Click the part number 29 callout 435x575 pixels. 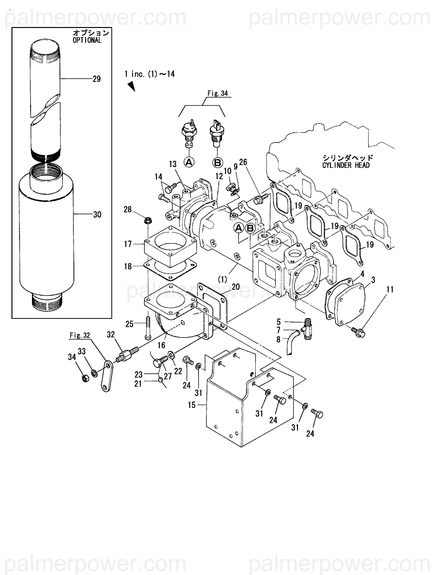tap(97, 79)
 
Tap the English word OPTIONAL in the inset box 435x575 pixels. tap(87, 40)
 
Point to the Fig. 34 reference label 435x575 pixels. tap(218, 93)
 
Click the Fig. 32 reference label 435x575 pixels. tap(80, 335)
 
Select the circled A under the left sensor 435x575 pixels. tap(189, 162)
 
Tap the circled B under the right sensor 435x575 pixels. tap(218, 162)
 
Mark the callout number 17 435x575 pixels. tap(128, 244)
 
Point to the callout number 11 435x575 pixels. tap(390, 290)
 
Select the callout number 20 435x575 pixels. tap(236, 287)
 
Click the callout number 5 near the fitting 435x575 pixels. tap(279, 322)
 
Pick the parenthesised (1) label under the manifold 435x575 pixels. tap(222, 279)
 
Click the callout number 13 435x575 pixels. tap(173, 164)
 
